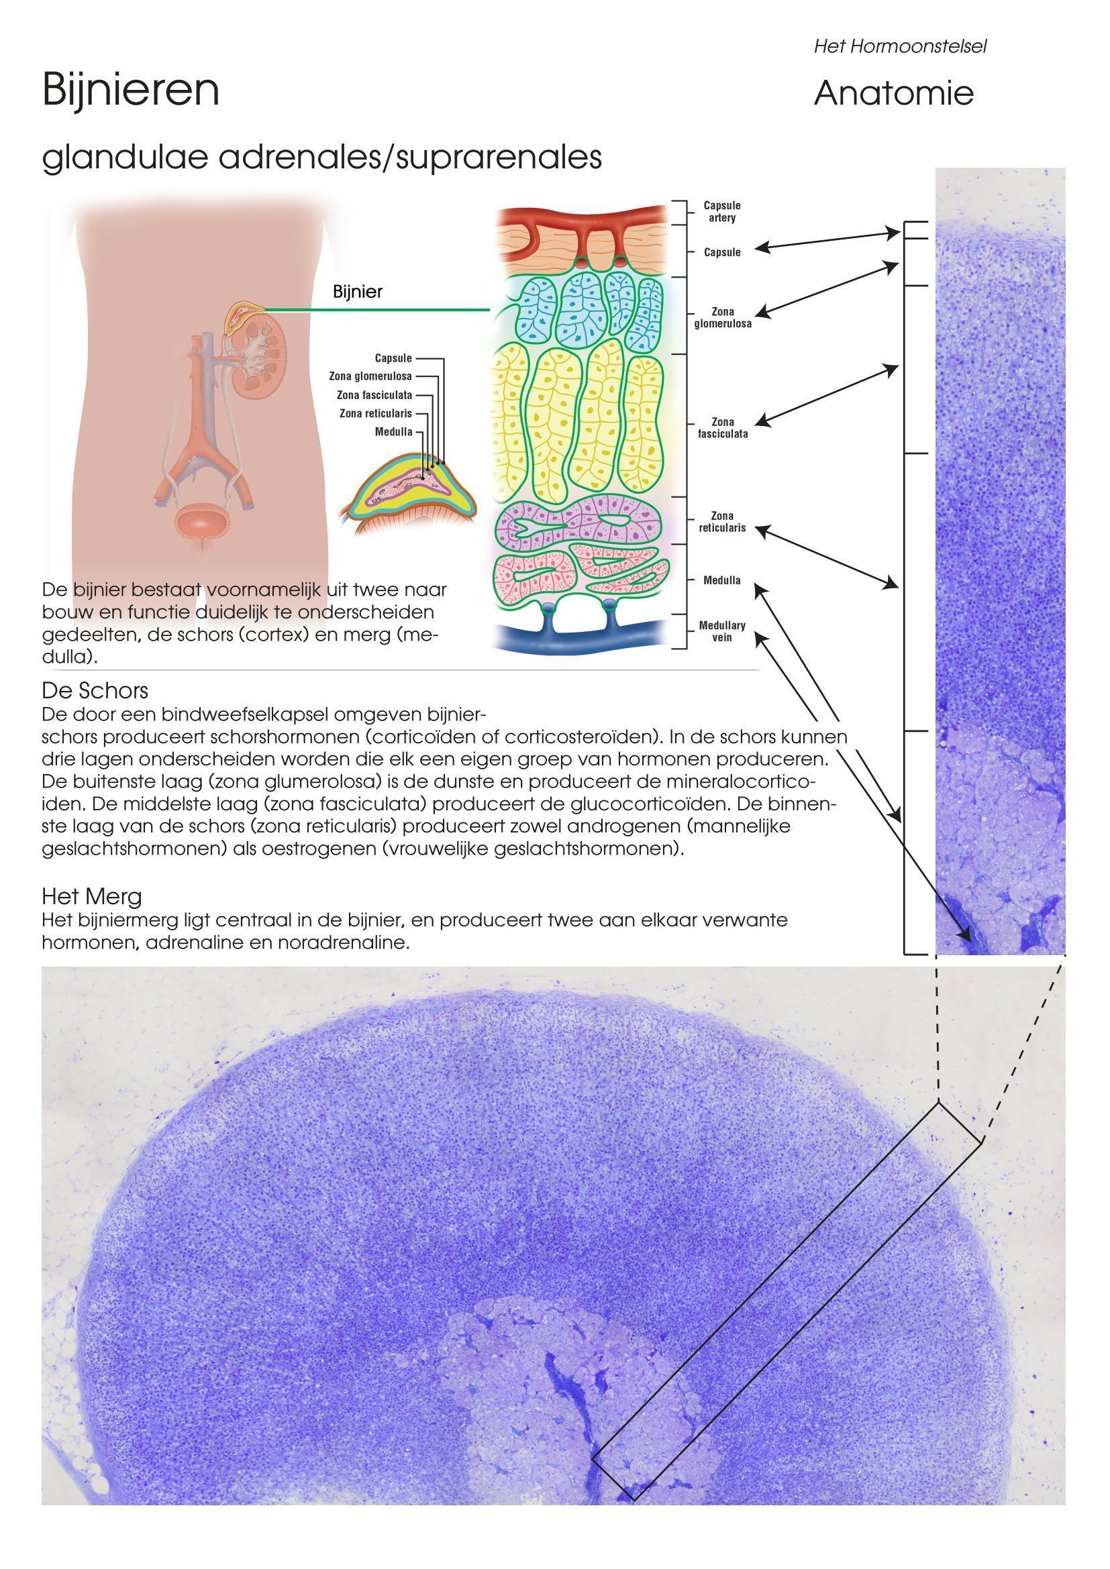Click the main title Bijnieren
click(131, 90)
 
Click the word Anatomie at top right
click(893, 93)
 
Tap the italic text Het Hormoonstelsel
click(900, 46)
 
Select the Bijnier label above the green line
click(358, 292)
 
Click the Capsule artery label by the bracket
click(722, 212)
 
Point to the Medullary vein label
click(722, 631)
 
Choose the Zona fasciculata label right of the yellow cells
click(723, 428)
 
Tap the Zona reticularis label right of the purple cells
click(722, 522)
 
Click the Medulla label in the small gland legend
click(394, 432)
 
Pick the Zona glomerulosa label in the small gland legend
click(370, 376)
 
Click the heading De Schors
click(95, 690)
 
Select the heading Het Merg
click(91, 896)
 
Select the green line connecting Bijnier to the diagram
click(377, 309)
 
